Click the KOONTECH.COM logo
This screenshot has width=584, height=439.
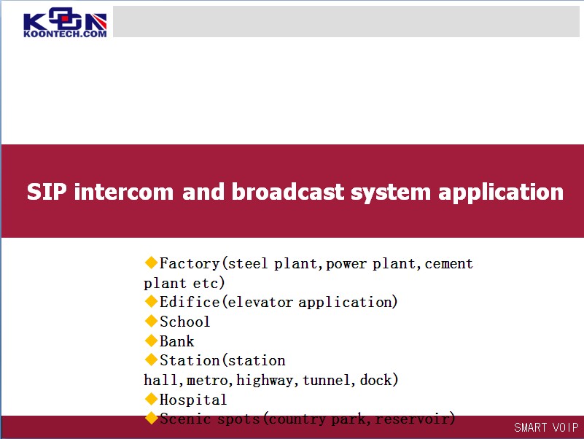(x=65, y=23)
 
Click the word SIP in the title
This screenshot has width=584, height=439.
(x=47, y=192)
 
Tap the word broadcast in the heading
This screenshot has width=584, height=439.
(x=287, y=192)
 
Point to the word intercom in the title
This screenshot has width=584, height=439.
(x=124, y=192)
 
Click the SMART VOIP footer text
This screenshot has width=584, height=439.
(x=546, y=427)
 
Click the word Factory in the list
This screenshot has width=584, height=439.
(x=190, y=264)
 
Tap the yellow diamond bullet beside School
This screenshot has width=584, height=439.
(x=151, y=320)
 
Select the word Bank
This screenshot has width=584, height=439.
(x=177, y=341)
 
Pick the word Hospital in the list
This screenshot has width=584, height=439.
(x=193, y=400)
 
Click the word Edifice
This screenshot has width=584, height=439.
(x=190, y=302)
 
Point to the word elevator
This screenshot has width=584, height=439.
(x=260, y=302)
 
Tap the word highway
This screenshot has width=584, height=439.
(x=267, y=381)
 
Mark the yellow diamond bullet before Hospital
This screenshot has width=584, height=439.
(x=151, y=399)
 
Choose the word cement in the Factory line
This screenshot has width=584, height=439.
(x=448, y=264)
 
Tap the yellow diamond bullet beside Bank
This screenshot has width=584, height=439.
(x=151, y=340)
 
